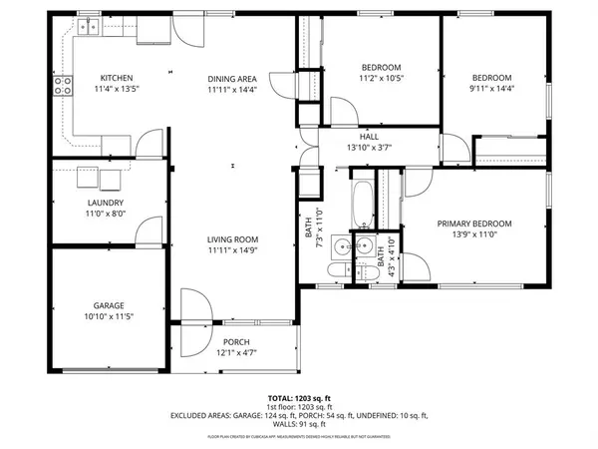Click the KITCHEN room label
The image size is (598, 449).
pyautogui.click(x=116, y=79)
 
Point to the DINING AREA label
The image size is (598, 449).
pyautogui.click(x=232, y=79)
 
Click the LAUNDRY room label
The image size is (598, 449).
pyautogui.click(x=105, y=203)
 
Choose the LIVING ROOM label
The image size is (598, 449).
pyautogui.click(x=232, y=239)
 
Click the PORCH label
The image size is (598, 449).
pyautogui.click(x=236, y=341)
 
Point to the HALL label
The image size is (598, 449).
pyautogui.click(x=369, y=137)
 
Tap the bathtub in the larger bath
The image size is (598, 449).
pyautogui.click(x=362, y=205)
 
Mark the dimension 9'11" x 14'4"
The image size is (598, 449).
pyautogui.click(x=491, y=89)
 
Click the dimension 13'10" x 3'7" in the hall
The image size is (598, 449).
pyautogui.click(x=369, y=148)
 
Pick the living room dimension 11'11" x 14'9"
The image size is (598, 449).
pyautogui.click(x=232, y=250)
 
